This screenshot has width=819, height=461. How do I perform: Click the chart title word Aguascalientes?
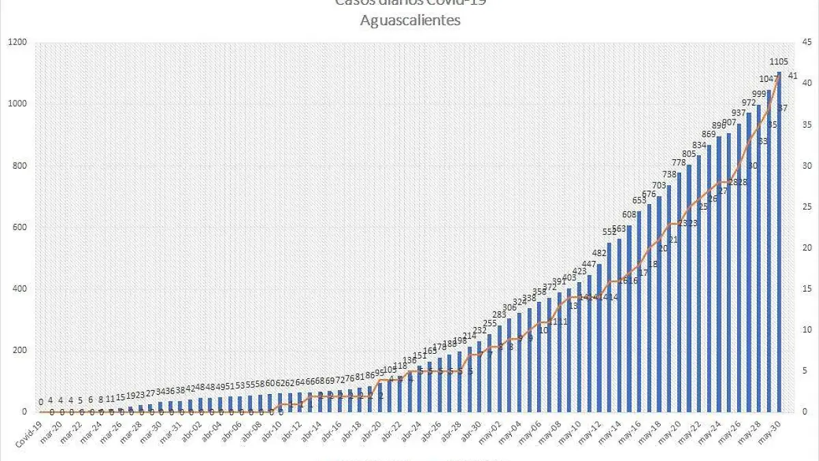(x=410, y=20)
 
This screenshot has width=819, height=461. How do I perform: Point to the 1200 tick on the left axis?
(x=17, y=42)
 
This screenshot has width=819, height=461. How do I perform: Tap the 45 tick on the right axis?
(x=806, y=42)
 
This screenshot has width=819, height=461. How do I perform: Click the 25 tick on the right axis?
(x=806, y=207)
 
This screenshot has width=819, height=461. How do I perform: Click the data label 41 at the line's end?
(x=793, y=76)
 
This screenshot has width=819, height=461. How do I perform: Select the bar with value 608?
(x=629, y=318)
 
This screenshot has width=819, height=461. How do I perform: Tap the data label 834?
(x=699, y=145)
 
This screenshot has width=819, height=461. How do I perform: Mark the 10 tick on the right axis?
(x=806, y=330)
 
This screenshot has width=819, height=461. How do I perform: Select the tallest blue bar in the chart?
(x=779, y=242)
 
